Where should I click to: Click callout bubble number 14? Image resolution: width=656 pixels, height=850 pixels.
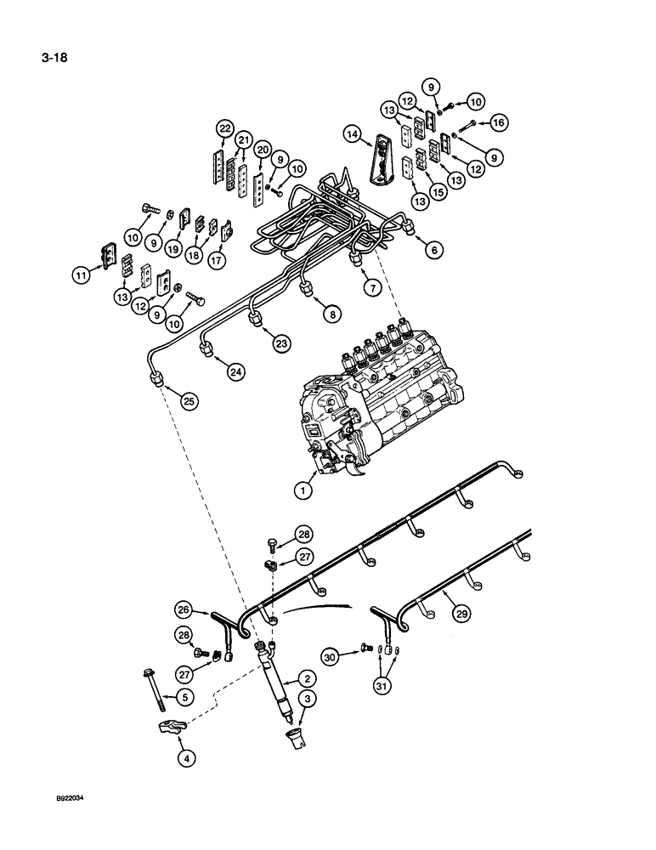tap(352, 133)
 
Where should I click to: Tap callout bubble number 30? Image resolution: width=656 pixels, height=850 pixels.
tap(333, 655)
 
